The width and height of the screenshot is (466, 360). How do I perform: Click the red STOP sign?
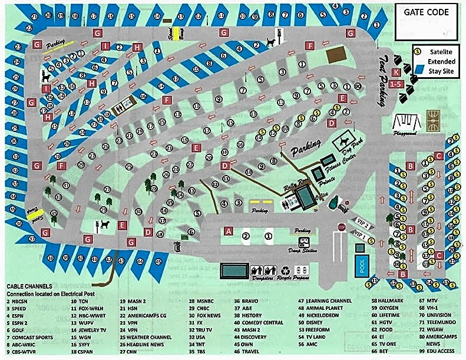pyautogui.click(x=341, y=227)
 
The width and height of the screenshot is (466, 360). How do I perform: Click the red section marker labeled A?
pyautogui.click(x=230, y=231)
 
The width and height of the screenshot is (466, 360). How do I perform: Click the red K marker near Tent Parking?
pyautogui.click(x=396, y=72)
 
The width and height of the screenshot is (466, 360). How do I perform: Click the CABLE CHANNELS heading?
pyautogui.click(x=30, y=286)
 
